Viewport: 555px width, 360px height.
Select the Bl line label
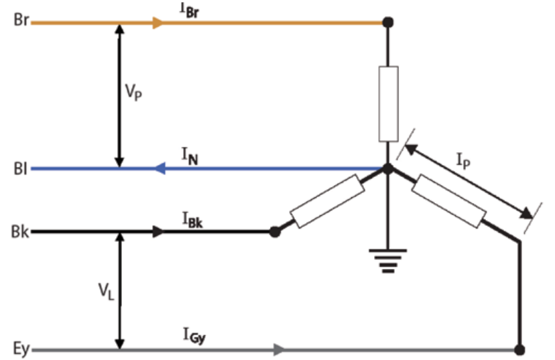point(19,169)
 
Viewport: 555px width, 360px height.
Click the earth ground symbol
point(387,259)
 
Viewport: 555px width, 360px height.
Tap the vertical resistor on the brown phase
point(388,104)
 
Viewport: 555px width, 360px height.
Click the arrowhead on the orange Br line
point(158,23)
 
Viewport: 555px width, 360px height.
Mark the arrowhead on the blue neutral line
point(160,169)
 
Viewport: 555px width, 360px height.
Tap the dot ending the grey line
point(519,349)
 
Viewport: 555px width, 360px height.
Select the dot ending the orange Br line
point(387,23)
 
